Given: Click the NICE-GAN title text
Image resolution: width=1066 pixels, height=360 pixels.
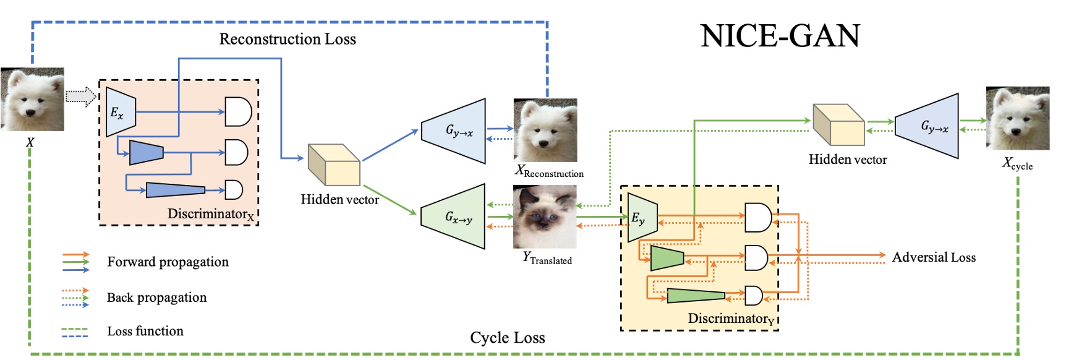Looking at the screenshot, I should (x=780, y=36).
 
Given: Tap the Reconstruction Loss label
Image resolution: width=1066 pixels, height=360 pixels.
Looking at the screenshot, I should (x=288, y=39).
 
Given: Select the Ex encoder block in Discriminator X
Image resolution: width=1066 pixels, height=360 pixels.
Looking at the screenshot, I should (x=120, y=112).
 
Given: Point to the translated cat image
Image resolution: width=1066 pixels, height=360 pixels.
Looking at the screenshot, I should (x=545, y=216).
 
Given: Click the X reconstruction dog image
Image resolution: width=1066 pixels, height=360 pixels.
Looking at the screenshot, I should (x=545, y=130).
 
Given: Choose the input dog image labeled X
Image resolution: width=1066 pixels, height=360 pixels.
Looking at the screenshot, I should (x=32, y=99).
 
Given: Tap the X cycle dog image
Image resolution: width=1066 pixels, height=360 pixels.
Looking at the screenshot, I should (x=1017, y=118).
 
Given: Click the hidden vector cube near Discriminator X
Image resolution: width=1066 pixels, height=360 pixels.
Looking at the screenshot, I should (x=334, y=165).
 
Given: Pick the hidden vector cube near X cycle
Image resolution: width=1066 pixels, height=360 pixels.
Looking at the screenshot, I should (x=838, y=125).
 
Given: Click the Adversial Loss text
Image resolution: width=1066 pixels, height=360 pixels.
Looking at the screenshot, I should (x=934, y=257).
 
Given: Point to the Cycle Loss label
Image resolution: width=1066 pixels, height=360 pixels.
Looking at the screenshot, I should (x=507, y=338).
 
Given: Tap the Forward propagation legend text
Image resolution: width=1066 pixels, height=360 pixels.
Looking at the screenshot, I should (x=168, y=262).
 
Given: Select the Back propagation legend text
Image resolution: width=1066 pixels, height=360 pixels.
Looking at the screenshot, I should (x=156, y=298).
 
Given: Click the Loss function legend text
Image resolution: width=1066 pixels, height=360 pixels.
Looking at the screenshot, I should (x=145, y=331).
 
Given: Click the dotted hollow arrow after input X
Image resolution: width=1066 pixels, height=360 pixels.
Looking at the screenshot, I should (x=81, y=96).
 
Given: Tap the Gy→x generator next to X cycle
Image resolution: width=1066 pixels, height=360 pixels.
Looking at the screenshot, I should (x=927, y=126).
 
